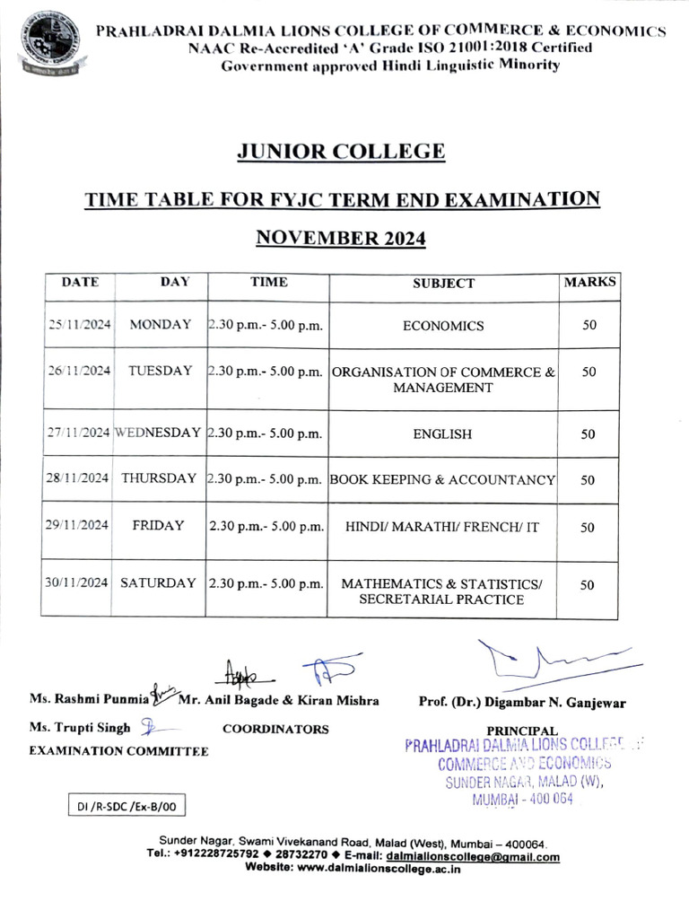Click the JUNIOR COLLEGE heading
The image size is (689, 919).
(340, 151)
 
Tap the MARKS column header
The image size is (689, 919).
(589, 282)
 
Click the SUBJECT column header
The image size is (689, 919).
(443, 284)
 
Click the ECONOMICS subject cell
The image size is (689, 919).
(443, 326)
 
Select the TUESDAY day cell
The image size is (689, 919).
(160, 371)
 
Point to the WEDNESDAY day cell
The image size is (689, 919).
(158, 432)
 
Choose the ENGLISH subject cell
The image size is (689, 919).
(442, 434)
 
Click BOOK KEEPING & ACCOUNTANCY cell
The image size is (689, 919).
(443, 480)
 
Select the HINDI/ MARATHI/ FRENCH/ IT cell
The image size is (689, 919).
(443, 528)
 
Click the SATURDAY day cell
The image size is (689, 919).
(158, 582)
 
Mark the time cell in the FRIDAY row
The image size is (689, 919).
(266, 527)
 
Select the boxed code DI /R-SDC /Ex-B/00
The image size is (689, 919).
(126, 807)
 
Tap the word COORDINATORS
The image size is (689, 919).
(275, 729)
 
